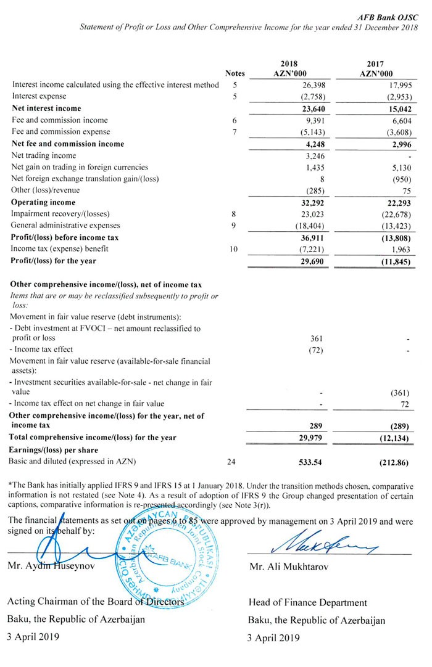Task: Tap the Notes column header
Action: (x=235, y=73)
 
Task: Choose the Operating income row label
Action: (x=43, y=202)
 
